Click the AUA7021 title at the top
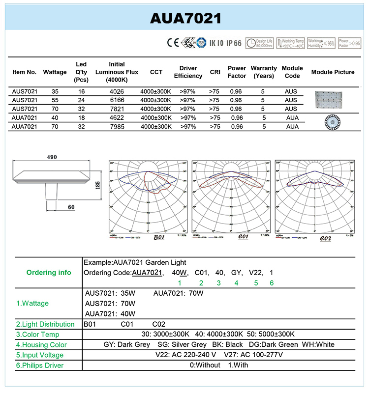tap(185, 18)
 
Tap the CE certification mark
tap(173, 43)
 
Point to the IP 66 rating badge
tap(234, 43)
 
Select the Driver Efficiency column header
tap(188, 72)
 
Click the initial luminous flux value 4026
tap(117, 91)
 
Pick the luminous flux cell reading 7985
tap(117, 127)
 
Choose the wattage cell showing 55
tap(55, 100)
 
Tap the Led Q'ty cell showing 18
tap(81, 118)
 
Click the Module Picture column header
tap(333, 72)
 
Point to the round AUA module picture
tap(333, 122)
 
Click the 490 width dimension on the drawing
tap(52, 157)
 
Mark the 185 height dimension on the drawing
tap(98, 185)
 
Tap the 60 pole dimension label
tap(71, 207)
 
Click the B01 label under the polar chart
tap(158, 238)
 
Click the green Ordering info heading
tap(49, 273)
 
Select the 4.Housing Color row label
tap(41, 345)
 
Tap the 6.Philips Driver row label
tap(40, 365)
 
